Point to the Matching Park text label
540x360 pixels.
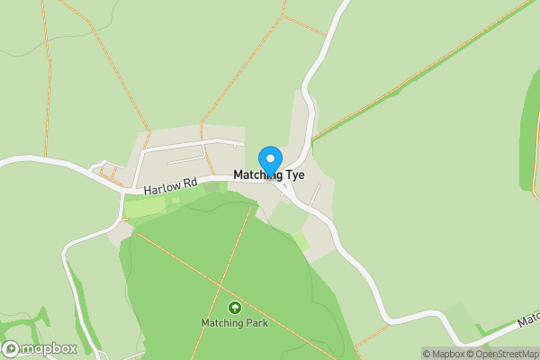pyautogui.click(x=234, y=321)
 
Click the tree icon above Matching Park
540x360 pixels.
pyautogui.click(x=235, y=307)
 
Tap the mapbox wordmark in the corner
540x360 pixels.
pyautogui.click(x=49, y=348)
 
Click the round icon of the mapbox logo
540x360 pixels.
pyautogui.click(x=13, y=348)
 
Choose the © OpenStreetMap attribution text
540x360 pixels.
pyautogui.click(x=503, y=354)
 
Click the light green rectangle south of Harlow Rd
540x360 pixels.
pyautogui.click(x=145, y=207)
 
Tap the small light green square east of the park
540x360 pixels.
pyautogui.click(x=301, y=241)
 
